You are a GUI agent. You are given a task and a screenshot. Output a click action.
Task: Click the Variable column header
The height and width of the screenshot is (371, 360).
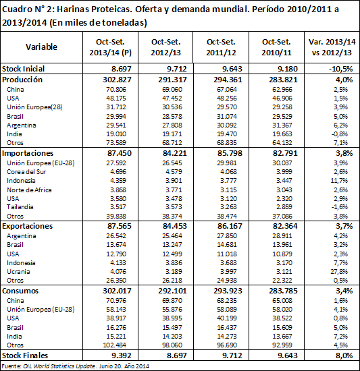coord(41,47)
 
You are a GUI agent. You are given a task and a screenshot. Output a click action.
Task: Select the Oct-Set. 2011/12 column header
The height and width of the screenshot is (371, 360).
coord(221,47)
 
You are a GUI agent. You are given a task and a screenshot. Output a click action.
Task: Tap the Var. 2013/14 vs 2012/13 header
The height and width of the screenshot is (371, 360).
coord(332,47)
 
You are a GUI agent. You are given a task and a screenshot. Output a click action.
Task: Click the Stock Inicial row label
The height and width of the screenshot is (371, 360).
coord(23,69)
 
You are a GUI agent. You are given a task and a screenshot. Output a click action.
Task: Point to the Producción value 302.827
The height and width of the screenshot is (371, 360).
coord(117,80)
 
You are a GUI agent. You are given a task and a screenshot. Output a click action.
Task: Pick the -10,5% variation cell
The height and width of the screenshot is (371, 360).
coord(340,69)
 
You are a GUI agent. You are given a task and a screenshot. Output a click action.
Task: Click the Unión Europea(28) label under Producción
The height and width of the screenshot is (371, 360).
coord(34,107)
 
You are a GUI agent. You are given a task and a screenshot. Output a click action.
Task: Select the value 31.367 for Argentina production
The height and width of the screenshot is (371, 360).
coord(282,125)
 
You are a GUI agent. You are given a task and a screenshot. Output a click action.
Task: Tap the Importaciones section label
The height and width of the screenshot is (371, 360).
coord(28,153)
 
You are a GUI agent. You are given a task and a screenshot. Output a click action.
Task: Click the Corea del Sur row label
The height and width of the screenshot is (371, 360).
coord(26,172)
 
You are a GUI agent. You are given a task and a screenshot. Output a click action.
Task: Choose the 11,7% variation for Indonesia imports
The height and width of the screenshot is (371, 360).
coord(339,181)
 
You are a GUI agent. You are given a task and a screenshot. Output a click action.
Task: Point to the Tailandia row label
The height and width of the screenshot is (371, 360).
coord(20,207)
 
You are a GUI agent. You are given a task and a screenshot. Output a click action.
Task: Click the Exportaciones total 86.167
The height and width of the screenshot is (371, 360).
coord(230,226)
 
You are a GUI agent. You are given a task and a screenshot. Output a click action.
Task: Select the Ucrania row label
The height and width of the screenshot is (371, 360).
coord(18,271)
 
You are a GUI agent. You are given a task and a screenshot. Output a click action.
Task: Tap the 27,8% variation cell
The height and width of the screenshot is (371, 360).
coord(339,271)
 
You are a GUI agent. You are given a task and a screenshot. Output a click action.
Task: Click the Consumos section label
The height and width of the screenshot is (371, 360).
coord(20,291)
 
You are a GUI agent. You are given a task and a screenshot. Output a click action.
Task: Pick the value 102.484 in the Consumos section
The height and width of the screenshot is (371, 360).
coord(115,345)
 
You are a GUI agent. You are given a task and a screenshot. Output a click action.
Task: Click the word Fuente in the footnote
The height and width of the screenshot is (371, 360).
coord(11,366)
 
